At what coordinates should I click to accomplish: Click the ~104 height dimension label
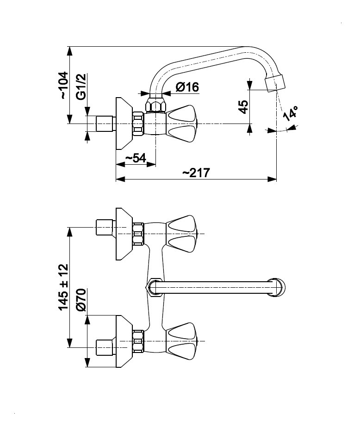64,85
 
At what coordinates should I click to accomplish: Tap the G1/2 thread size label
81,87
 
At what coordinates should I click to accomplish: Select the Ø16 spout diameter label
187,87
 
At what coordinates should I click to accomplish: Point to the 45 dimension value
243,107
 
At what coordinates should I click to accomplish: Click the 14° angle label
291,113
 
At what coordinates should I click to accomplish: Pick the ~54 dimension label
136,158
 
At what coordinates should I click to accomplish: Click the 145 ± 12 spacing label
63,287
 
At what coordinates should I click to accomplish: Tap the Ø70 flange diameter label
81,300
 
